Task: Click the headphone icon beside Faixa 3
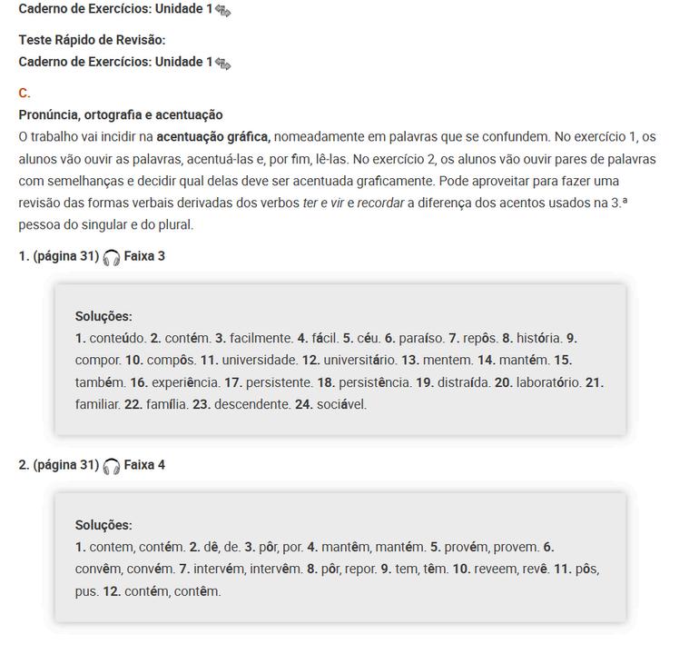[x=112, y=257]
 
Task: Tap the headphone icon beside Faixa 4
[x=112, y=466]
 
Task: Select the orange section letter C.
[x=25, y=93]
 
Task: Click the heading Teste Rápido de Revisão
[x=92, y=40]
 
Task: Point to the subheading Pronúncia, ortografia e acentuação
[x=121, y=115]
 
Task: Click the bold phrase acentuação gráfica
[x=213, y=137]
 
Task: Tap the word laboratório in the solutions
[x=548, y=382]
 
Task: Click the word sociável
[x=341, y=404]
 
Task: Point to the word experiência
[x=185, y=382]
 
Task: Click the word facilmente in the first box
[x=261, y=339]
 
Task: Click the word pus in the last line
[x=85, y=591]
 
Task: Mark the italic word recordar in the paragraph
[x=379, y=203]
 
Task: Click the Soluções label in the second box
[x=103, y=525]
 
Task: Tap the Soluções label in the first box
[x=103, y=316]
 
